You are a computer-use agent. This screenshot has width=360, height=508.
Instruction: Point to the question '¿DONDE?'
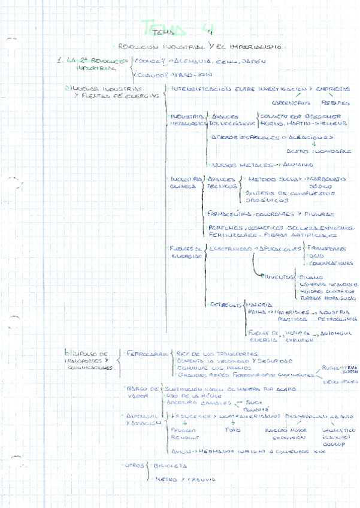tap(150, 61)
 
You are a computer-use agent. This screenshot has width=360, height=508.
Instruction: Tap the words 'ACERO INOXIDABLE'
tap(319, 151)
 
